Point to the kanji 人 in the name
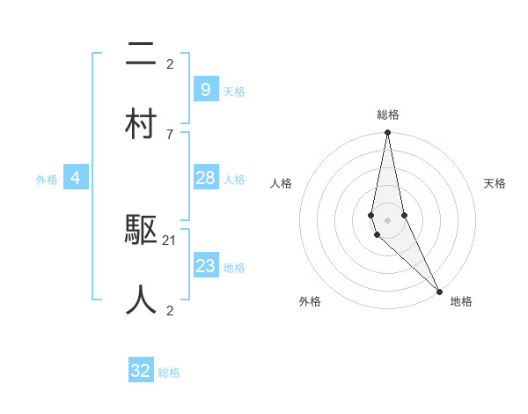(x=141, y=299)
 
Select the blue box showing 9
(x=205, y=90)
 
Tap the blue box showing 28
(x=205, y=178)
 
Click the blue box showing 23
(x=205, y=266)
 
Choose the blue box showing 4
(x=76, y=178)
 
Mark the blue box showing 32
(x=141, y=371)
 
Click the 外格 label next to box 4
(x=47, y=179)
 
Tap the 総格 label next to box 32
(x=169, y=373)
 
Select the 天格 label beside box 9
(x=234, y=91)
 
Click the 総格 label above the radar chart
(x=387, y=115)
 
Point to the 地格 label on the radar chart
(x=461, y=301)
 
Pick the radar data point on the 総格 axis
(x=387, y=133)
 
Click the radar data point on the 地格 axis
(x=440, y=290)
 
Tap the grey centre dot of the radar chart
(x=387, y=219)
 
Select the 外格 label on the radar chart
(x=310, y=301)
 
